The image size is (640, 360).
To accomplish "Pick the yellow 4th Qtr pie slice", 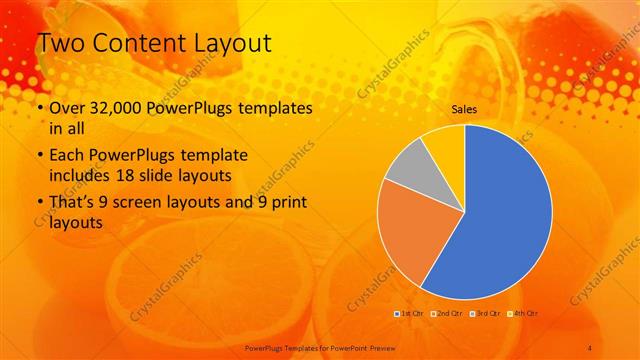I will tap(444, 143).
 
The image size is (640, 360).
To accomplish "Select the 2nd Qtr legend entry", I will tap(447, 314).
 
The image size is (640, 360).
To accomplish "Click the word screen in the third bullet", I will tap(150, 203).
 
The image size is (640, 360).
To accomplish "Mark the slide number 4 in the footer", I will tap(591, 346).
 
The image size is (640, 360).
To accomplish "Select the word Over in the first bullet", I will tap(68, 108).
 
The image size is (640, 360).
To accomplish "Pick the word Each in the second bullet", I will tap(66, 157).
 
